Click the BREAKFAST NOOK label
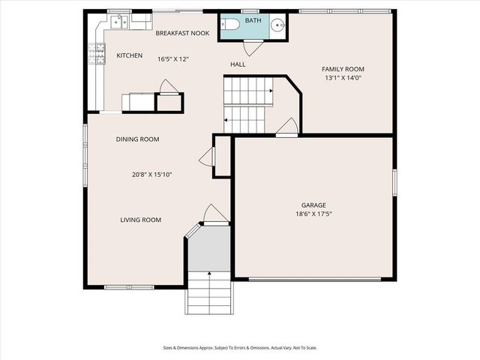click(182, 34)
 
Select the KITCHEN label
click(129, 55)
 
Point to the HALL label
click(238, 65)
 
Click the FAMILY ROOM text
click(343, 69)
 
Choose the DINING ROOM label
click(137, 139)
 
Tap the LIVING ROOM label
click(141, 220)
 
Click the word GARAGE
click(313, 205)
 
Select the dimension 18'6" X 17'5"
click(313, 214)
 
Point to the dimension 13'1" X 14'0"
click(343, 78)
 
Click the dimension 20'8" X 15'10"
click(152, 175)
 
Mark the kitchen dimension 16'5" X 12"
click(172, 59)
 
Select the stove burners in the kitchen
click(96, 53)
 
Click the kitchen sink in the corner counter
click(119, 22)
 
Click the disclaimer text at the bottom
click(239, 347)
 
